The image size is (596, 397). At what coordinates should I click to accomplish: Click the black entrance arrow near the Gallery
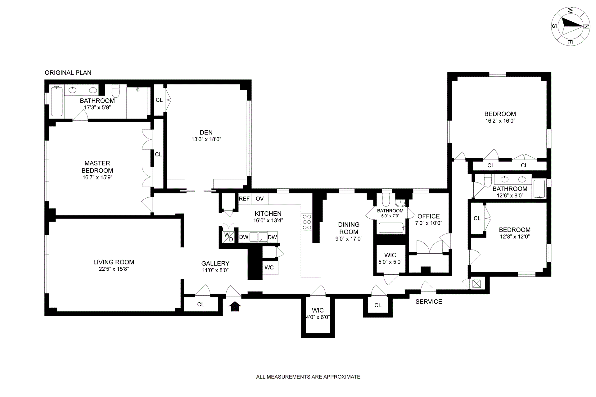point(235,306)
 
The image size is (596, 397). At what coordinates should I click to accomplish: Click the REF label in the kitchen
point(244,199)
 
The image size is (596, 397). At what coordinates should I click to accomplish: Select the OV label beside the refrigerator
point(260,199)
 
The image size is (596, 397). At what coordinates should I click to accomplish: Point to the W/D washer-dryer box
point(229,237)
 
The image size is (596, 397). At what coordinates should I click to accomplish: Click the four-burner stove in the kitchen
point(307,222)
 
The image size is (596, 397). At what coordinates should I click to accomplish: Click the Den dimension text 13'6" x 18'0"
point(206,139)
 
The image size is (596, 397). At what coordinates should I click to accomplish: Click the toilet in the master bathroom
point(115,90)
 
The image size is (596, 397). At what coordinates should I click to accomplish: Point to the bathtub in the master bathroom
point(57,102)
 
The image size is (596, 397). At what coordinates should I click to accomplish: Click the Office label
point(429,216)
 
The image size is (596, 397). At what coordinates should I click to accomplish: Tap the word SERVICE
point(429,301)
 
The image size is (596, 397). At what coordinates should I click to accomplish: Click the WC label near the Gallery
point(269,268)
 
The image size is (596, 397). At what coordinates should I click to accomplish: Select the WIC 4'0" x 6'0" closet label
point(318,314)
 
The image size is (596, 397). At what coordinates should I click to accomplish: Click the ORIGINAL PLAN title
point(68,73)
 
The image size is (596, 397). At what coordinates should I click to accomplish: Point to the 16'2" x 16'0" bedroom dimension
point(500,121)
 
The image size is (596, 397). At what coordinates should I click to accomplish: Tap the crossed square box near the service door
point(476,283)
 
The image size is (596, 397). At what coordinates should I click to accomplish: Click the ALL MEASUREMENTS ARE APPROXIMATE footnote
point(308,377)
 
